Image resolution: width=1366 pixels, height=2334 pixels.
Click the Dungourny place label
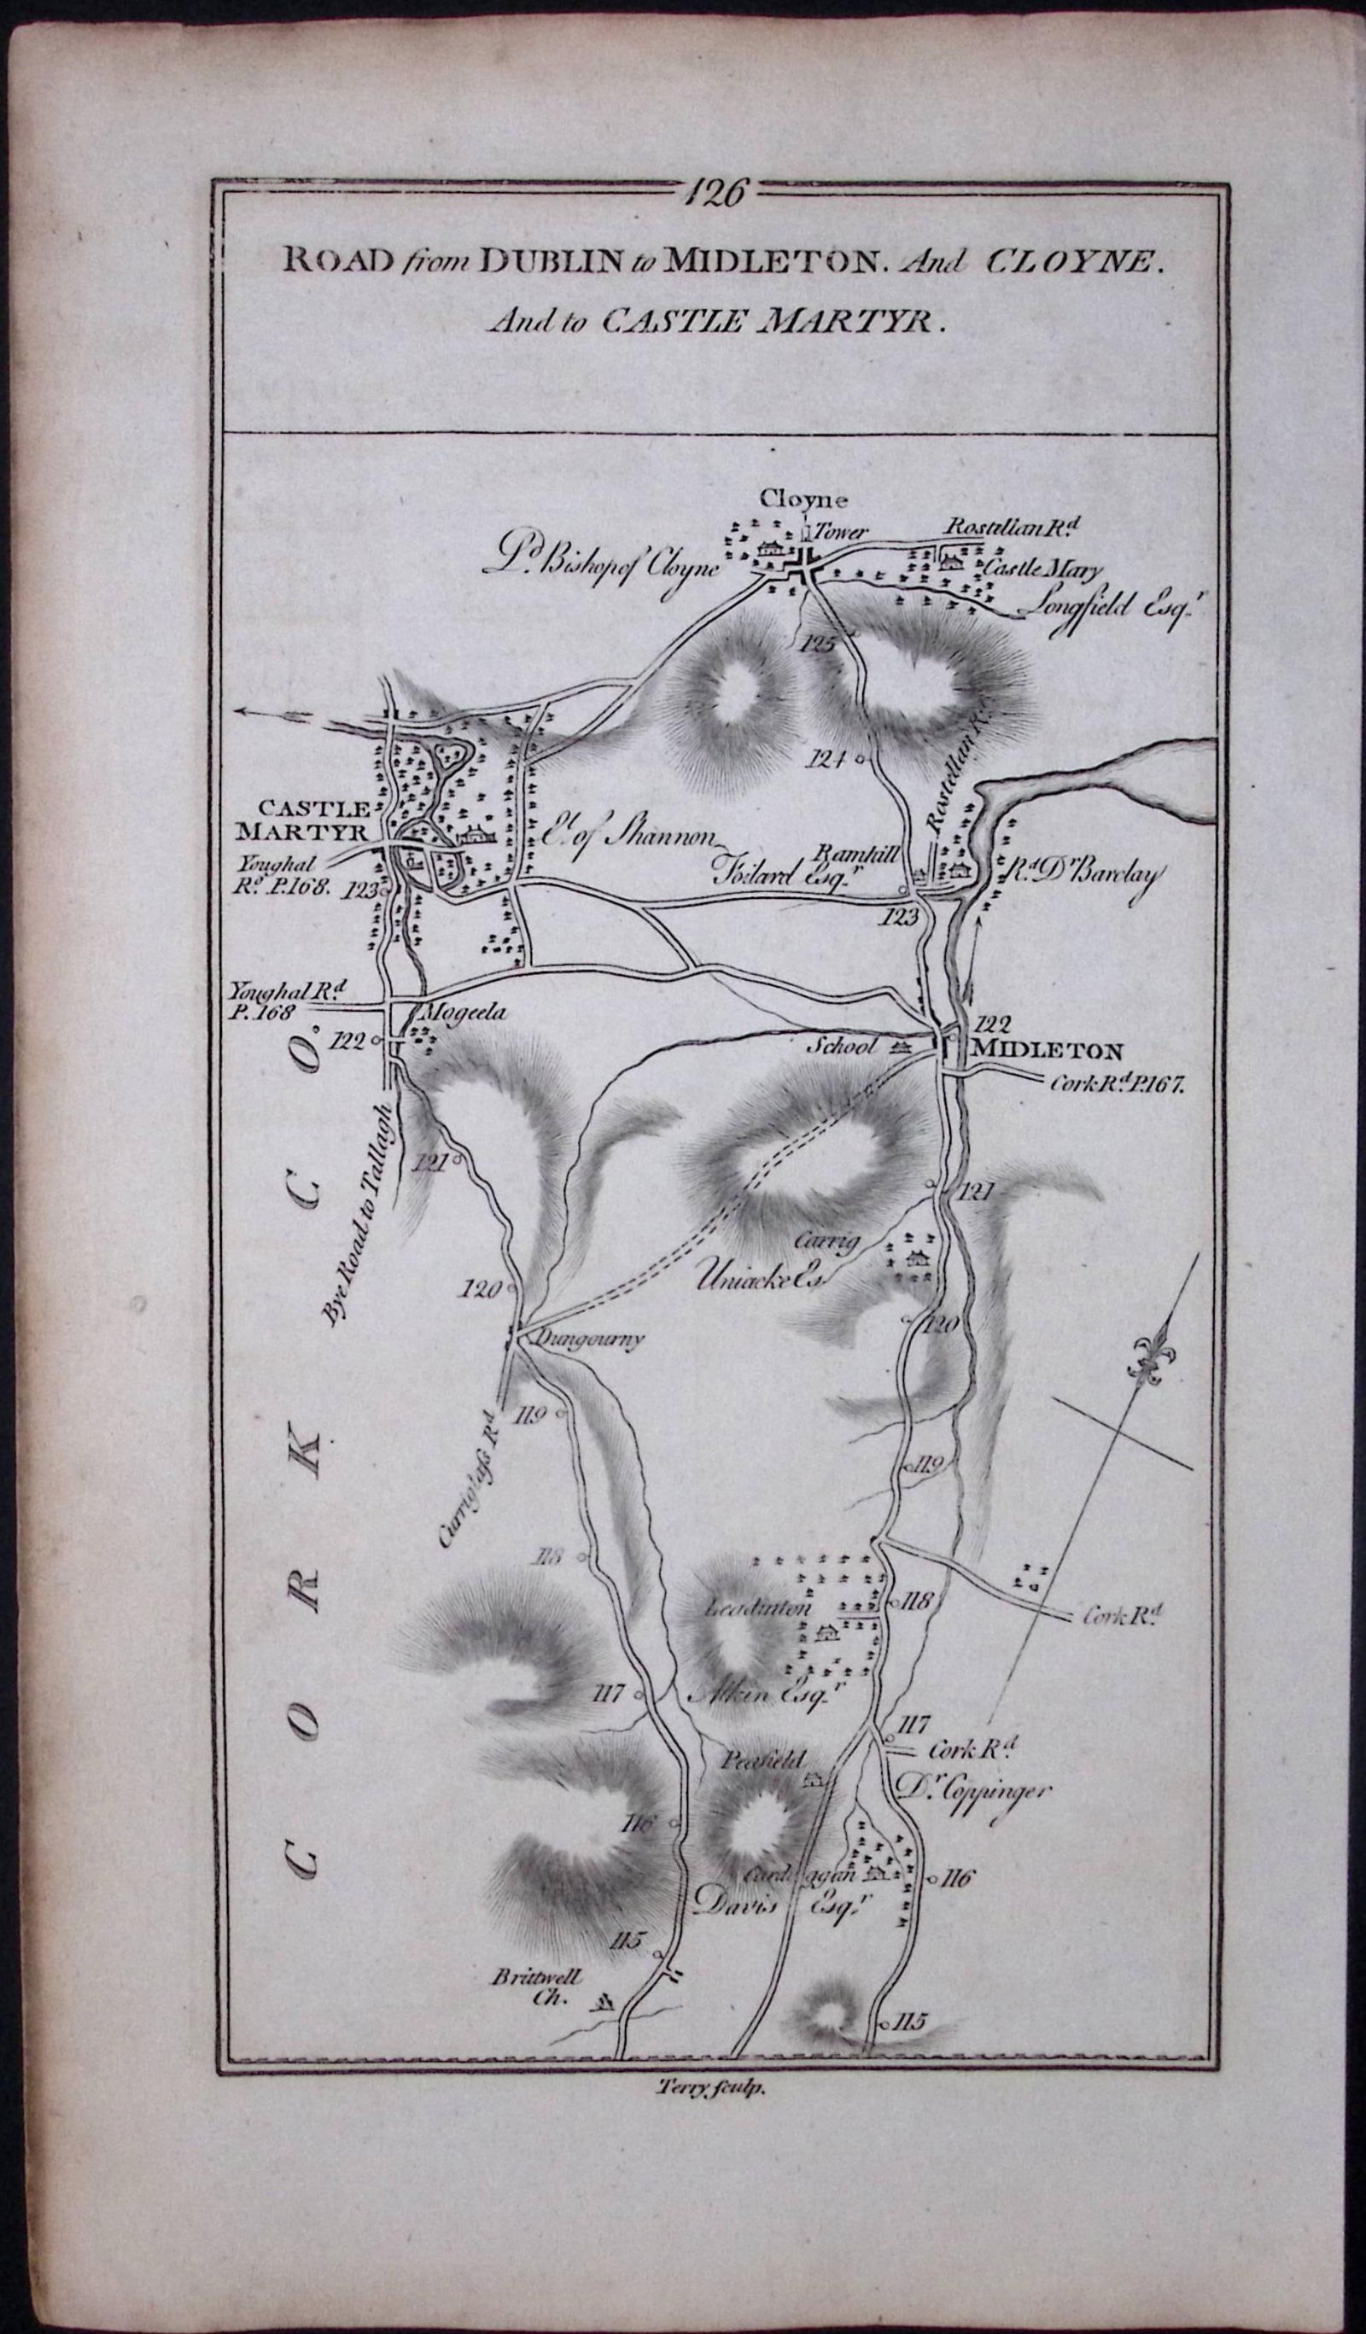click(579, 1340)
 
